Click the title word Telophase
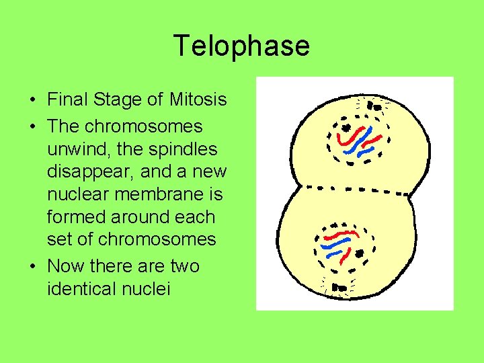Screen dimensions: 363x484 pos(241,46)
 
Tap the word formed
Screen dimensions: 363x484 pos(74,217)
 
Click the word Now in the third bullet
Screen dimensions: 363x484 pos(62,266)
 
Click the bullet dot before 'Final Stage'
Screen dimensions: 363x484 pos(33,101)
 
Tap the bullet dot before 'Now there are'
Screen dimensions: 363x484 pos(33,267)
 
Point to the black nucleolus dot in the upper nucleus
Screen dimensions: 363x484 pos(347,127)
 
